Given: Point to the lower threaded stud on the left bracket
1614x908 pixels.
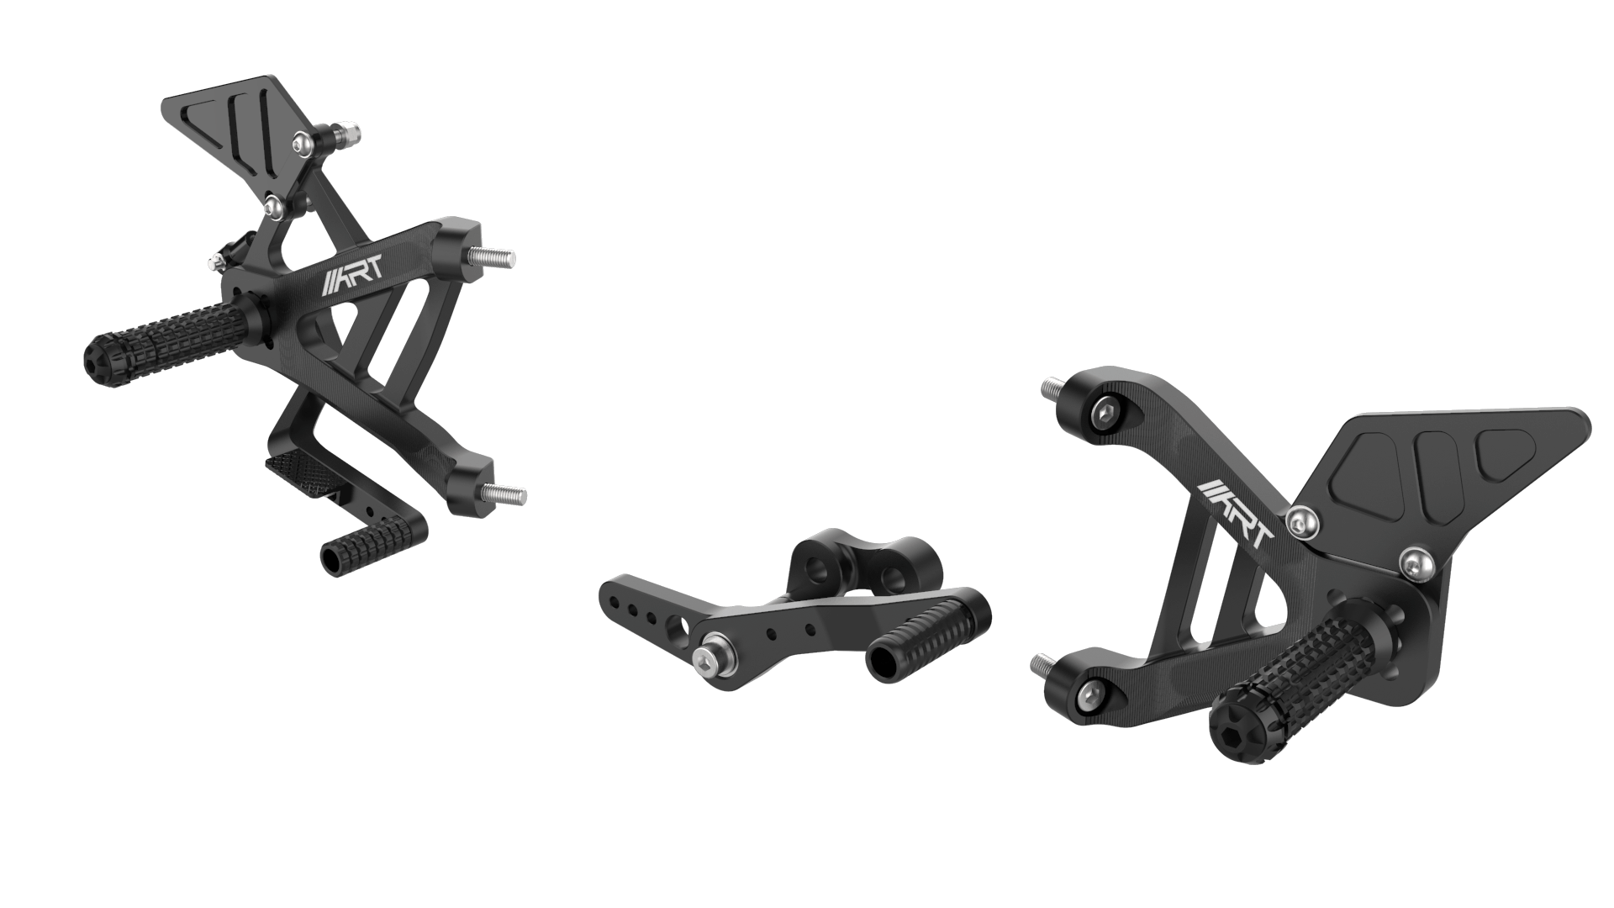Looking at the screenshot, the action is tap(508, 495).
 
